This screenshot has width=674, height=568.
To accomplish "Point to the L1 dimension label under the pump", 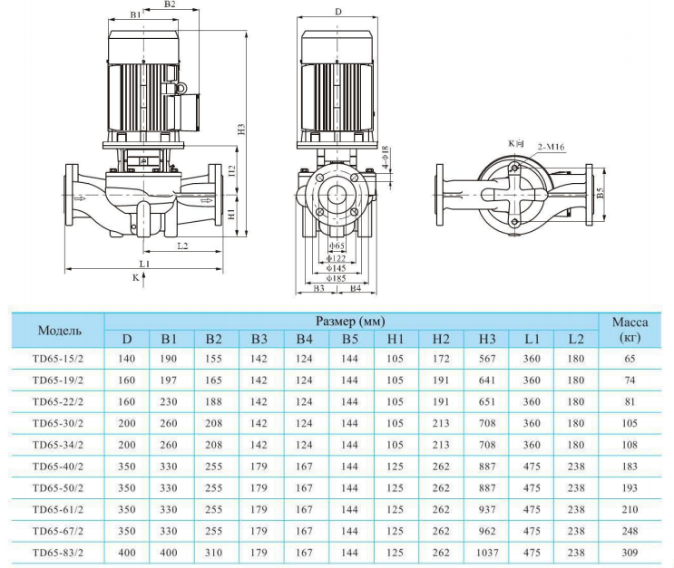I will click(x=143, y=263).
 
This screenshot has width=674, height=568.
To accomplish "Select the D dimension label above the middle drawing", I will click(x=337, y=12).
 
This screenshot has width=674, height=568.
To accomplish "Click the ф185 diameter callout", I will click(x=337, y=278).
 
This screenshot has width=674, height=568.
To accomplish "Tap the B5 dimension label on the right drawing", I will click(x=600, y=192).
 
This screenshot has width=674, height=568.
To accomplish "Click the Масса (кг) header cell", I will click(x=630, y=330).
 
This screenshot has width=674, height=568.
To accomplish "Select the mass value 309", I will click(x=630, y=551).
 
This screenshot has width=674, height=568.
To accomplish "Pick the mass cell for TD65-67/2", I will click(x=630, y=530).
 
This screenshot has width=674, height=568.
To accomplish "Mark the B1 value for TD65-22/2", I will click(x=170, y=401).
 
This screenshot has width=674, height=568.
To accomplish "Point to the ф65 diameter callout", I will click(x=337, y=245).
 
